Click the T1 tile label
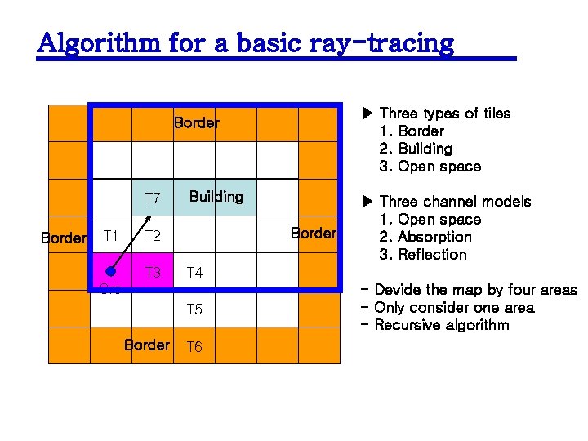pos(111,236)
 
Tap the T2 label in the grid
pos(153,237)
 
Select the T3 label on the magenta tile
pos(153,273)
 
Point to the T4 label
pos(194,273)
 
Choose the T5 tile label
pos(194,310)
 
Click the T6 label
pos(194,347)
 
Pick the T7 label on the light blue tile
pos(153,198)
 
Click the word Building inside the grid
pos(216,197)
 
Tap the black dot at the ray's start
pos(109,273)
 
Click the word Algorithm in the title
pos(99,42)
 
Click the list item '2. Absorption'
pos(425,237)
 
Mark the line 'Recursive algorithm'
pos(441,325)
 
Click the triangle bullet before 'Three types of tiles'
pos(367,114)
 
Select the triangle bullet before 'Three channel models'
pos(367,202)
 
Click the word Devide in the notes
pos(399,290)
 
